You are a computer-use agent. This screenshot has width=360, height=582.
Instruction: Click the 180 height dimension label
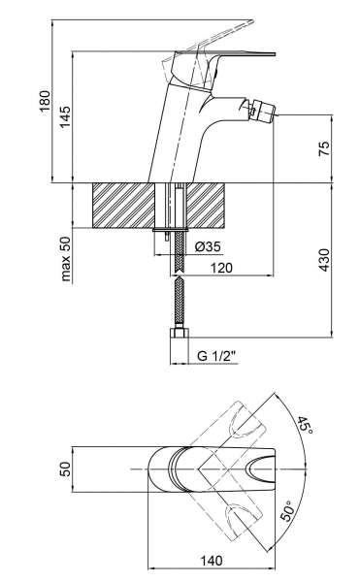tap(45, 101)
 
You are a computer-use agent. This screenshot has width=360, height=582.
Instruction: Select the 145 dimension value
tap(65, 117)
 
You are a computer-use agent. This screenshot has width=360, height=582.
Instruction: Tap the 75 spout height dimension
tap(324, 148)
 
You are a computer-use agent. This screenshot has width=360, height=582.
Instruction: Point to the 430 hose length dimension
tap(324, 260)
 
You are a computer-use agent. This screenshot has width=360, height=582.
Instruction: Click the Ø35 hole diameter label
tap(208, 246)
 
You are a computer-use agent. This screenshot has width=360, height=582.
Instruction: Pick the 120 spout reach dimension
tap(221, 268)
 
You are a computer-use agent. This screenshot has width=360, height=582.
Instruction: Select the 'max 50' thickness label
tap(66, 258)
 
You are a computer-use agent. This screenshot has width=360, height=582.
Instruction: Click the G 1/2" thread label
tap(216, 356)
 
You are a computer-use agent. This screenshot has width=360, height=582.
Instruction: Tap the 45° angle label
tap(305, 424)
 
